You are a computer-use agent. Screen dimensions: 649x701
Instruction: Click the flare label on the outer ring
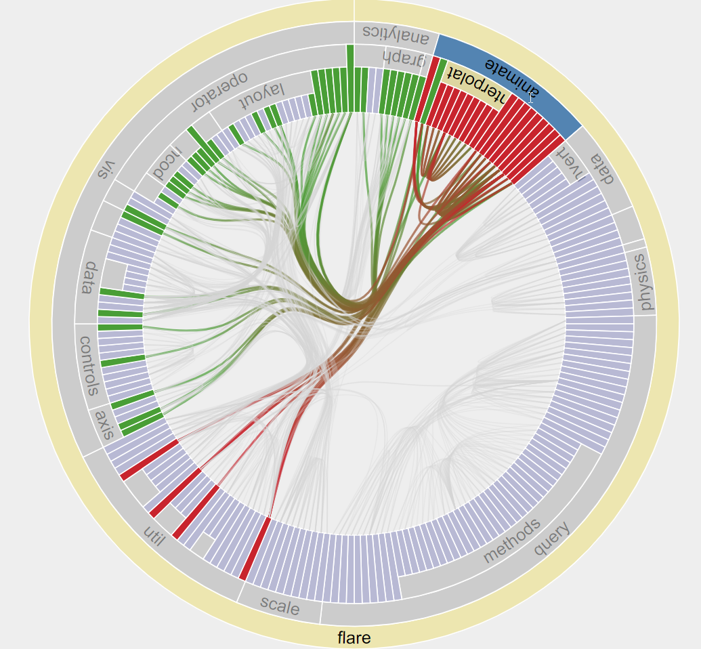tap(354, 637)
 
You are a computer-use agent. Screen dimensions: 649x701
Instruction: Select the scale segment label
tap(280, 606)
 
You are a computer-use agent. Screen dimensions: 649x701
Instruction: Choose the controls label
tap(89, 366)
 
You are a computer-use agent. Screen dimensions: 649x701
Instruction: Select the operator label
tap(218, 91)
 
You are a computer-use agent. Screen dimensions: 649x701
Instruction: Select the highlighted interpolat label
tap(472, 84)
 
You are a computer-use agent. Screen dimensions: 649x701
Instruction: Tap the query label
tap(551, 539)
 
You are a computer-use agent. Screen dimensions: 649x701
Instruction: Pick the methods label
tap(512, 541)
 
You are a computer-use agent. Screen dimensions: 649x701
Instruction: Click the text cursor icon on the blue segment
tap(531, 98)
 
